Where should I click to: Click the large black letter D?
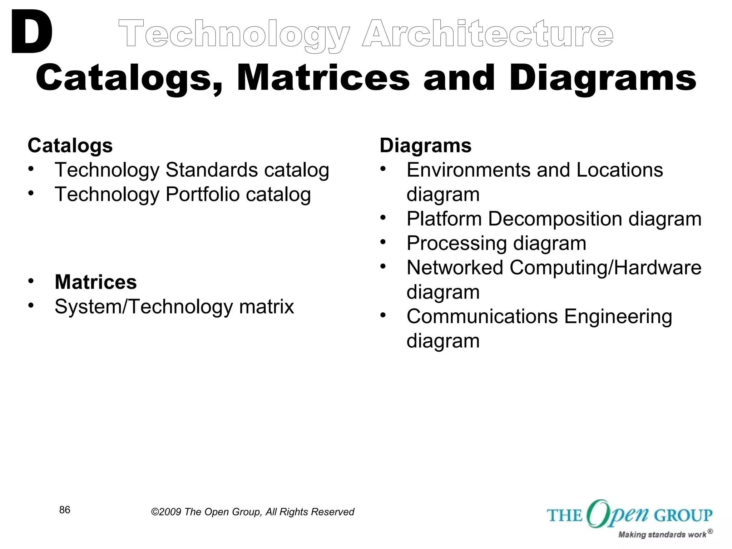point(31,33)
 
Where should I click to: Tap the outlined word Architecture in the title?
point(488,34)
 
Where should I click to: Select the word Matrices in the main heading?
point(323,78)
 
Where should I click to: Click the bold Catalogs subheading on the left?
point(70,145)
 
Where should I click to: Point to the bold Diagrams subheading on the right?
point(425,145)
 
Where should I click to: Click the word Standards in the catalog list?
point(211,170)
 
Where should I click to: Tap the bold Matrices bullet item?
point(95,282)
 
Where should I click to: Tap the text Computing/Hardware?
point(605,267)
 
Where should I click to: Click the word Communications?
point(482,316)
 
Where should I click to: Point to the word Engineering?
point(618,317)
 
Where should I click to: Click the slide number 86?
point(65,510)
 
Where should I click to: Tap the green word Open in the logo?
point(617,514)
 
